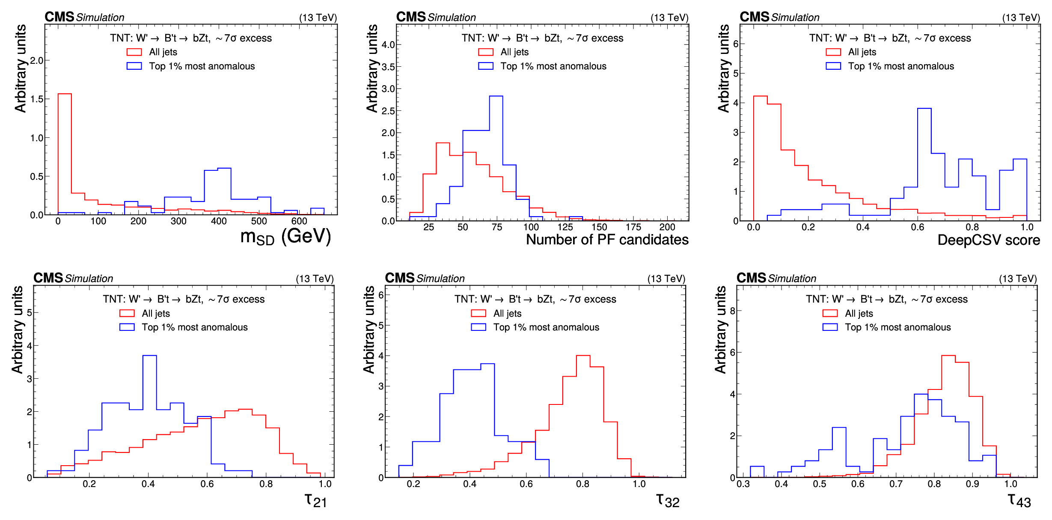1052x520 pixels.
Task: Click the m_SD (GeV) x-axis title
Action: point(285,237)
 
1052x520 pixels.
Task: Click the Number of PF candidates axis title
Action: point(607,240)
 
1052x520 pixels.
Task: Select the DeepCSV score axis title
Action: point(988,240)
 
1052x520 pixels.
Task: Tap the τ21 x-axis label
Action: point(316,500)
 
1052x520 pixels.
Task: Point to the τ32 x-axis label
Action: point(668,500)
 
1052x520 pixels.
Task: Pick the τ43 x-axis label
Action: point(1019,500)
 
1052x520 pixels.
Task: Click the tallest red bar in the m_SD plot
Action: point(65,154)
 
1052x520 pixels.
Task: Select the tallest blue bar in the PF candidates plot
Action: point(496,158)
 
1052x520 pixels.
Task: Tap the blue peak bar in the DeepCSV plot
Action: point(924,165)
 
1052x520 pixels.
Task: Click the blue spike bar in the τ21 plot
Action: point(150,415)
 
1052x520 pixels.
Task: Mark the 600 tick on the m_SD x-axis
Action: point(299,221)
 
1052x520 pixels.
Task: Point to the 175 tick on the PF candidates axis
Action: point(633,227)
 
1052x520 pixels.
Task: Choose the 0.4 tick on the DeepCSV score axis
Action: point(863,227)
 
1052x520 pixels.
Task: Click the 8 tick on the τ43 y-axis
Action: point(732,311)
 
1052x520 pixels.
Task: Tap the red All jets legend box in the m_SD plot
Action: point(134,52)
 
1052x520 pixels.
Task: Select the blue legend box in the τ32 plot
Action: point(478,327)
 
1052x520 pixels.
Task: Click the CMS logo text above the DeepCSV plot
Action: point(754,17)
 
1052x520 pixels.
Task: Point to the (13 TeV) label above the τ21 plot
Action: point(315,279)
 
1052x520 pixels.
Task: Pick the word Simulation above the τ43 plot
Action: point(792,279)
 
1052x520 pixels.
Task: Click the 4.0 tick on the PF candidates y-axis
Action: point(388,45)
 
